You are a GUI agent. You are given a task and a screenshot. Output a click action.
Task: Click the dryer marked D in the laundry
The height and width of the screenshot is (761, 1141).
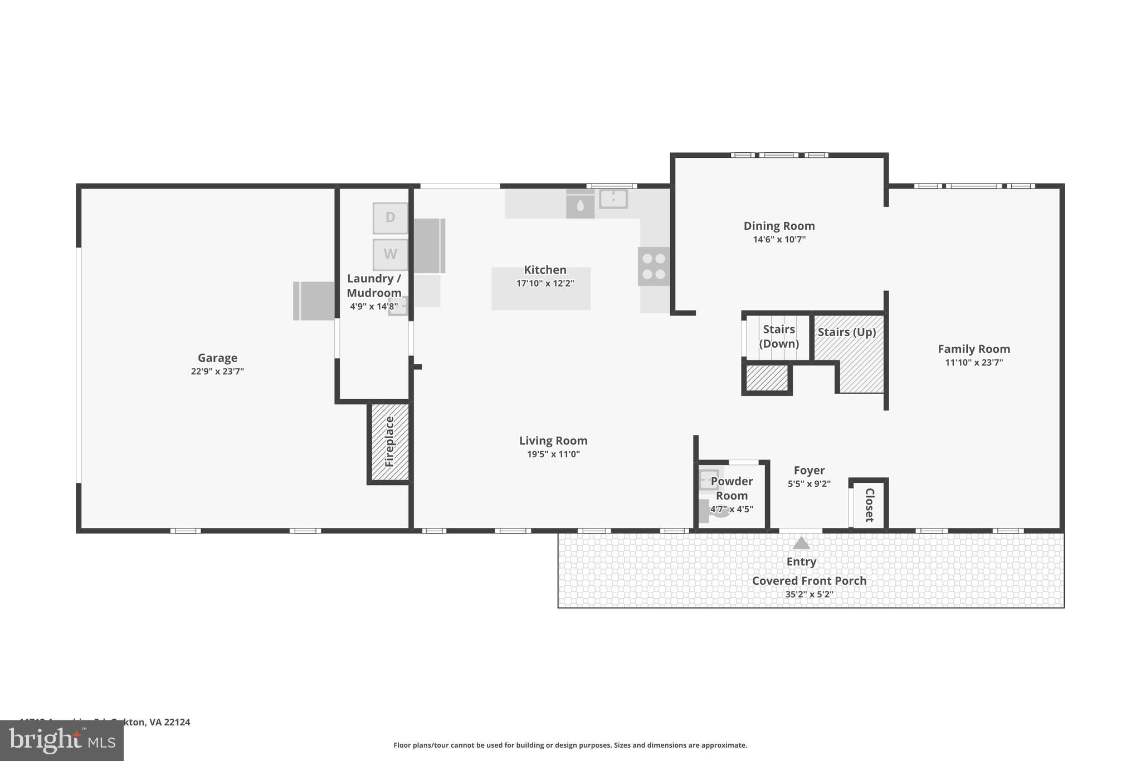[x=390, y=218]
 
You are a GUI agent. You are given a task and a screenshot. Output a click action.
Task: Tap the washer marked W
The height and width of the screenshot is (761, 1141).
[x=390, y=254]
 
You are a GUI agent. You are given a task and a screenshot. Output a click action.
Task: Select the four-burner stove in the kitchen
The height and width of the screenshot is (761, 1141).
[x=654, y=266]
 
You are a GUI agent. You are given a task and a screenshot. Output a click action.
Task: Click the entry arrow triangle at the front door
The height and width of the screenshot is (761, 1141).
[x=801, y=543]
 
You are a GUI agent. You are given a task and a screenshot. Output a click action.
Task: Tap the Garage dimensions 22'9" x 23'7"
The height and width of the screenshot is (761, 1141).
[x=217, y=371]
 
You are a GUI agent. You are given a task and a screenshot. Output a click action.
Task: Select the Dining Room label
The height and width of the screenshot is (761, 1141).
[x=779, y=226]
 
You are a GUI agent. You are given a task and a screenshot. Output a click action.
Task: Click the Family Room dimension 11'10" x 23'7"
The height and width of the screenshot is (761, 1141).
[x=974, y=362]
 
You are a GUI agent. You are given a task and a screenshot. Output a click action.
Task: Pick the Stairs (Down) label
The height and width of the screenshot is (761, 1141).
[x=779, y=336]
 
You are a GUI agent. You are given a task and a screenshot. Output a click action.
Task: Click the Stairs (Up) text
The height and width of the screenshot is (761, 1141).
[x=847, y=332]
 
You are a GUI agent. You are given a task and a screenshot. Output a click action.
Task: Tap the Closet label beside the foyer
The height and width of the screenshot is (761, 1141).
[x=869, y=505]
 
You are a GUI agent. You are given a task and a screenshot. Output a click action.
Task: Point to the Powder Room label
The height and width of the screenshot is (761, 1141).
[x=732, y=488]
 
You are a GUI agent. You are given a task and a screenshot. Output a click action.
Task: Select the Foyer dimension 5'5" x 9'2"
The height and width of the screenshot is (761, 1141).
[x=809, y=484]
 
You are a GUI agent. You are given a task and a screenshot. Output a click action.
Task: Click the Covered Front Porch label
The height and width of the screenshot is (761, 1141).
[x=809, y=581]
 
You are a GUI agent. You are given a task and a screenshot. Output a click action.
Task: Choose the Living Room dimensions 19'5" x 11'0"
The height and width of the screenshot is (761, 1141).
[x=553, y=454]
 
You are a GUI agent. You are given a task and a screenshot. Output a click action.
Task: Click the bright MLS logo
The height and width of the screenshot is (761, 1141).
[x=61, y=741]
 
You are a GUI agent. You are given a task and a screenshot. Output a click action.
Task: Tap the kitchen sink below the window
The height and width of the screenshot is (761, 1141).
[x=613, y=198]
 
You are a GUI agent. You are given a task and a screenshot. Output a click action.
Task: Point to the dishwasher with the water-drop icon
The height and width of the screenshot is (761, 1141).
[x=580, y=206]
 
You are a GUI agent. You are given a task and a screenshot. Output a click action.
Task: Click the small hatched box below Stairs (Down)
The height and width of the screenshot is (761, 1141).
[x=767, y=378]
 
